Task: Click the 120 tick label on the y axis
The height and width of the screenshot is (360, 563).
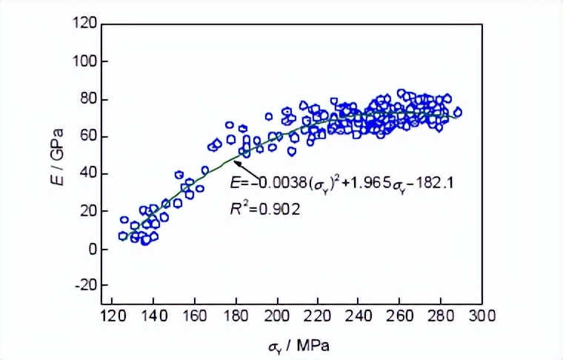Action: (x=83, y=24)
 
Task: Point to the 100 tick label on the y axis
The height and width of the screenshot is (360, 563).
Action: (x=83, y=61)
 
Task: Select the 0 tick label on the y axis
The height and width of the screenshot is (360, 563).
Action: (x=90, y=249)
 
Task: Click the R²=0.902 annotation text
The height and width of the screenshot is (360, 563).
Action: (x=264, y=210)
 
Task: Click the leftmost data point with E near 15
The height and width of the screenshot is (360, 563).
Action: (x=124, y=220)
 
